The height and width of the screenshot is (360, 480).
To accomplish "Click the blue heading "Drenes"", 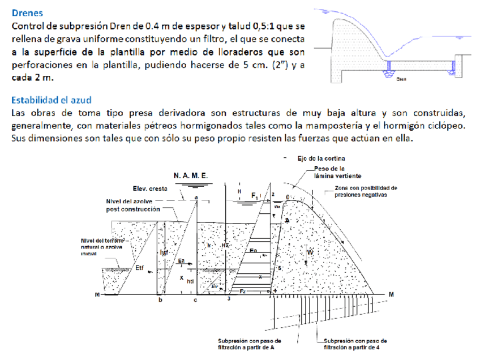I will coord(27,12).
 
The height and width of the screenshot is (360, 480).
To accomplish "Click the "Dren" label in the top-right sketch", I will coord(401,80).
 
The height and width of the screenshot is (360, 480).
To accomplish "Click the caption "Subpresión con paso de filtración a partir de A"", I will coord(248,345).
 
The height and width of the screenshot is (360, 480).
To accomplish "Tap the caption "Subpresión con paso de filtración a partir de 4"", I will coord(355,345).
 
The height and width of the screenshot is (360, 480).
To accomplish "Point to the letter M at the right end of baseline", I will coord(391,295).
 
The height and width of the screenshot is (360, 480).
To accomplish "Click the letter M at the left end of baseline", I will coord(97,295).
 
